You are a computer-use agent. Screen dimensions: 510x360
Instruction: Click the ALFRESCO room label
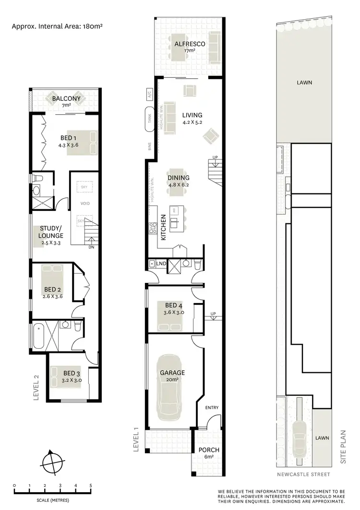190,44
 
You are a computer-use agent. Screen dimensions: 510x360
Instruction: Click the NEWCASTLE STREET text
303,474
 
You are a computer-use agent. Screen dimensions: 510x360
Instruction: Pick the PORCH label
209,450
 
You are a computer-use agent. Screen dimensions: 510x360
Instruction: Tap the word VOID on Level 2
85,204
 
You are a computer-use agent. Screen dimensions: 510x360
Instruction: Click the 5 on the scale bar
91,486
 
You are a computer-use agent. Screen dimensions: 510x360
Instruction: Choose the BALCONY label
66,99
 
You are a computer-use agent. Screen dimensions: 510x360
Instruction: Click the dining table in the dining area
179,189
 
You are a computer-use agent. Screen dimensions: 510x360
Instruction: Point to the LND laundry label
162,264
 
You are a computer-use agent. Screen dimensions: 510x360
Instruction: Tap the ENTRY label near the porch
212,408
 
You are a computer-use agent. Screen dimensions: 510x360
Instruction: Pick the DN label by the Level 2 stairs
91,248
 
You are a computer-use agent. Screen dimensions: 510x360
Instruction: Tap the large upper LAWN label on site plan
304,83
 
